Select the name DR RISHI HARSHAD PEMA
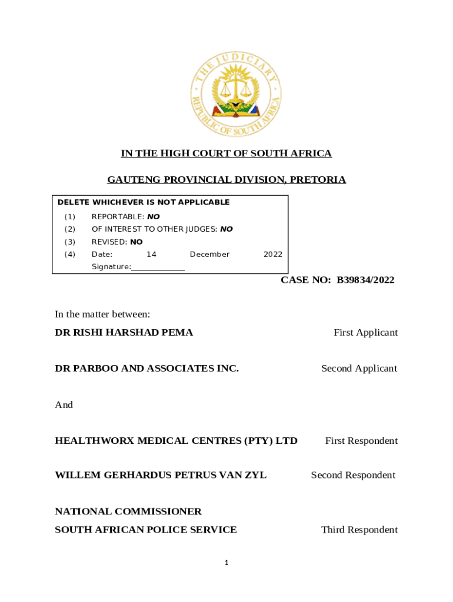(x=124, y=333)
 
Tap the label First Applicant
(x=365, y=333)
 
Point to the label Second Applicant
(x=359, y=369)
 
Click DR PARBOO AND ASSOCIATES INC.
(x=146, y=369)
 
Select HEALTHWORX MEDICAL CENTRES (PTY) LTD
(x=176, y=441)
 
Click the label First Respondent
(x=361, y=441)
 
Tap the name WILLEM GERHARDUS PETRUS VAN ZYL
(x=161, y=475)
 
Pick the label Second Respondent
(x=353, y=475)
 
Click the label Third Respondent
(x=359, y=530)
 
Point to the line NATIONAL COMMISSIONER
(x=128, y=511)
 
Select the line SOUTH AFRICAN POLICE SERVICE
(x=146, y=530)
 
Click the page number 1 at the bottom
(x=226, y=563)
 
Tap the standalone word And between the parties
(x=64, y=405)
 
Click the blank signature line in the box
(x=158, y=267)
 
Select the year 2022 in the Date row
(x=273, y=255)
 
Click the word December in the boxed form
(x=209, y=255)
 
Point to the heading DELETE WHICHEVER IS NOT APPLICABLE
(x=144, y=202)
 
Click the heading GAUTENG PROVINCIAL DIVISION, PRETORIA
(x=226, y=180)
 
